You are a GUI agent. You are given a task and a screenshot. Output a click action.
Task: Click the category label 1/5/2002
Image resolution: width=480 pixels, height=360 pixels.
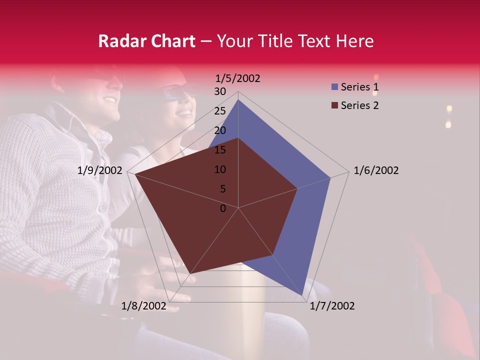tap(238, 78)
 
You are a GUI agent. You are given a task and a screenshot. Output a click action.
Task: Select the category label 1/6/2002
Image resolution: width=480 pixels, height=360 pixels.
tap(376, 170)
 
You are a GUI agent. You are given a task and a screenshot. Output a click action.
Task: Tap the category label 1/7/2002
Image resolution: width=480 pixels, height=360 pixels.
tap(332, 306)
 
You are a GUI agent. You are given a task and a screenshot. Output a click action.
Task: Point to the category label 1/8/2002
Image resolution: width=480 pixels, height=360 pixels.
tap(143, 306)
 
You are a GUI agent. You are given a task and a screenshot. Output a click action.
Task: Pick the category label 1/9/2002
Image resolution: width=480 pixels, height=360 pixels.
tap(100, 170)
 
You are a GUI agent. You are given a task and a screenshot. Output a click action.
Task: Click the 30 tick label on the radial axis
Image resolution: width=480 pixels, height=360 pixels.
tap(220, 91)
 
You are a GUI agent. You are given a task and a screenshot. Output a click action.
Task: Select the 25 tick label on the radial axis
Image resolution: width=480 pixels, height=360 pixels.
tap(220, 111)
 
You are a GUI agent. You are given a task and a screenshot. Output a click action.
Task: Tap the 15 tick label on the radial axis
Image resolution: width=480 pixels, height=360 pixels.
tap(220, 150)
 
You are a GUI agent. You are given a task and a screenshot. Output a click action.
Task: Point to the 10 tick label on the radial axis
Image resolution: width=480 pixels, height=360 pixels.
tap(220, 169)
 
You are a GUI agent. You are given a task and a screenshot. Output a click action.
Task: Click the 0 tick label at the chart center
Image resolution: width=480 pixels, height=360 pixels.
tap(223, 208)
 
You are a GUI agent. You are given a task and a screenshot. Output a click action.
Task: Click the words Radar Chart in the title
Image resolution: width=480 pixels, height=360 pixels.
tap(146, 41)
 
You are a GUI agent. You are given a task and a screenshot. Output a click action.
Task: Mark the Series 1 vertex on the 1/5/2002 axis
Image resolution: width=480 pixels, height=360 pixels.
tap(238, 100)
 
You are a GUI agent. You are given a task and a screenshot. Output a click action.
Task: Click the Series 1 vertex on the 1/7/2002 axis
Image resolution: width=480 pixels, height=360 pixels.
tap(302, 295)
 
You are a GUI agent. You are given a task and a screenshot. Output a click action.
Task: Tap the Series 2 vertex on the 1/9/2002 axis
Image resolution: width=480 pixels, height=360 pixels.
tap(134, 174)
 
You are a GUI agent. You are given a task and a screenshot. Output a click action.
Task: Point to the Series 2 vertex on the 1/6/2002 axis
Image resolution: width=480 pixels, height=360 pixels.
tap(297, 188)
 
